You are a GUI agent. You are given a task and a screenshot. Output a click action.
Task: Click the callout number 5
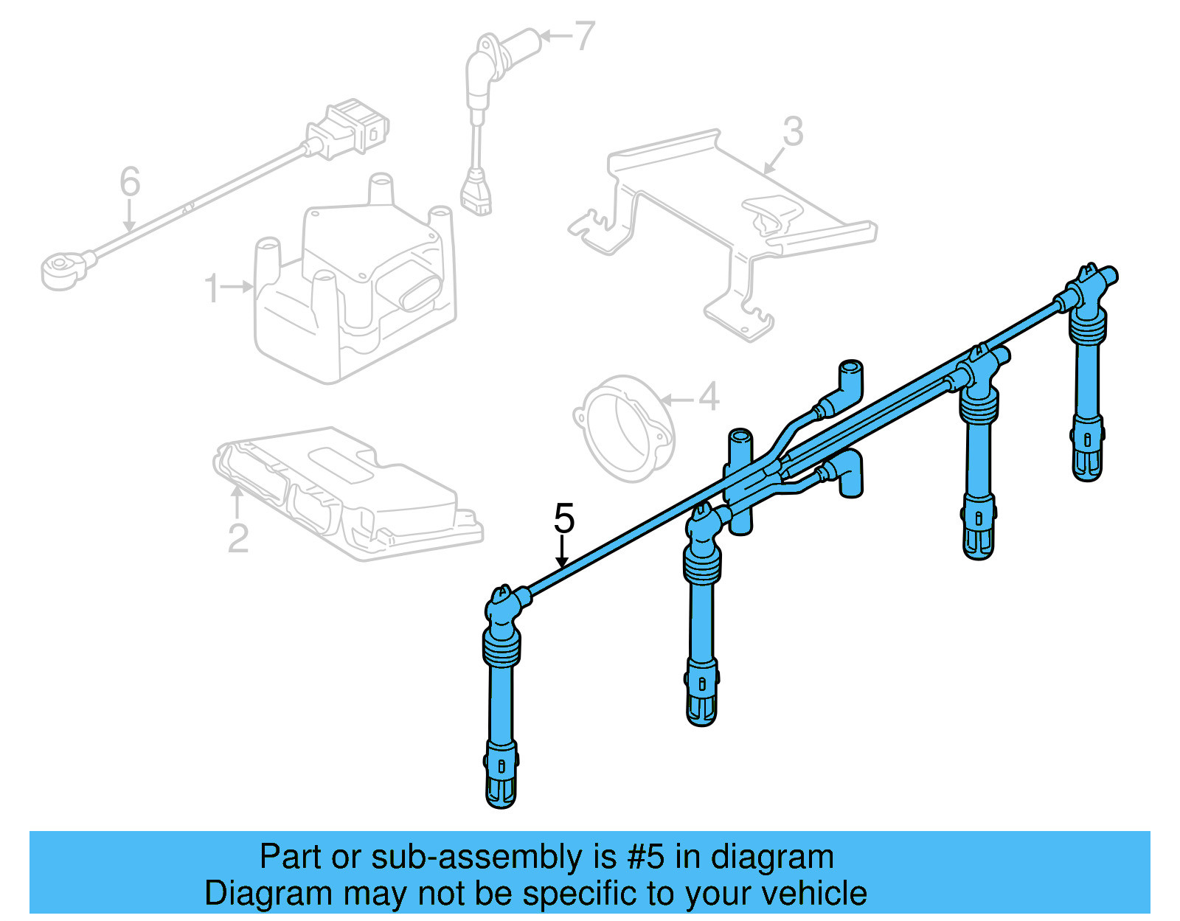pyautogui.click(x=564, y=519)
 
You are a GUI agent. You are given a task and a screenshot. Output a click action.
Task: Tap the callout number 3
pyautogui.click(x=793, y=132)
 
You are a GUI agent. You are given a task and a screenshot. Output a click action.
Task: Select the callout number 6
pyautogui.click(x=130, y=181)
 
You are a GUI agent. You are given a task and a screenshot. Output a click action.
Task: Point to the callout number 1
pyautogui.click(x=212, y=288)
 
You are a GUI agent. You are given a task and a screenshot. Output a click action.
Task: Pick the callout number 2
pyautogui.click(x=237, y=538)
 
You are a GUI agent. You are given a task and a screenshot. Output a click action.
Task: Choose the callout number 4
pyautogui.click(x=708, y=397)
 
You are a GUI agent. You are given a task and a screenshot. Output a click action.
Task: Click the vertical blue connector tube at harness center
pyautogui.click(x=740, y=479)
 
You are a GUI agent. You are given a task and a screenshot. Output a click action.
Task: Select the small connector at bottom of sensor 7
pyautogui.click(x=477, y=195)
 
